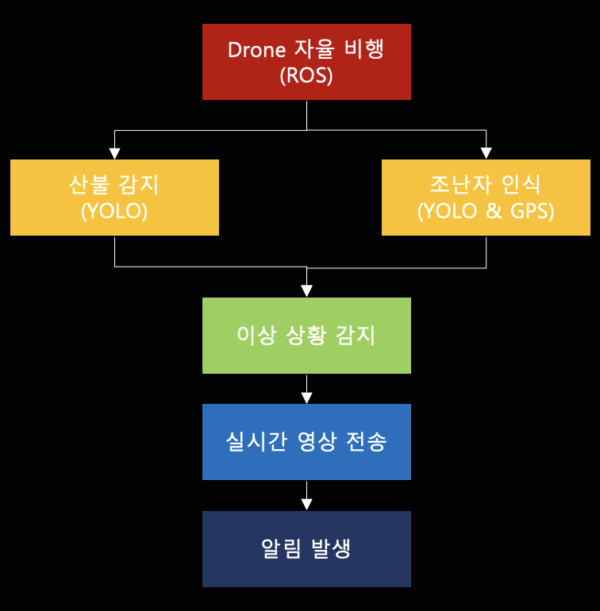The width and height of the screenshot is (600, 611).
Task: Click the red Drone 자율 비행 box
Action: (x=306, y=62)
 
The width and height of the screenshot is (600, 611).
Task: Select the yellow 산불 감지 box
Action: (x=114, y=198)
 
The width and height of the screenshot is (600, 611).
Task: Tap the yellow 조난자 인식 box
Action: (x=486, y=198)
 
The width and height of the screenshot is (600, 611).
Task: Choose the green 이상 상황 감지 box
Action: (x=306, y=335)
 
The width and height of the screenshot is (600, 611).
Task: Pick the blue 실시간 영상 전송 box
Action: (x=306, y=442)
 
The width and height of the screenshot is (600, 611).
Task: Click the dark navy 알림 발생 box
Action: (x=306, y=549)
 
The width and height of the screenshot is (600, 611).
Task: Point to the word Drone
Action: (x=256, y=50)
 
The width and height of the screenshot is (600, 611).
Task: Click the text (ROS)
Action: (x=306, y=76)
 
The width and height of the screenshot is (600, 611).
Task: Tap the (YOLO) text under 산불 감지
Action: (x=114, y=212)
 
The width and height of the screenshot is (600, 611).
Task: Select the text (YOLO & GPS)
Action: (x=486, y=212)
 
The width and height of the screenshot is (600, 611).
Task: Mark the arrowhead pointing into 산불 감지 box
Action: (x=114, y=153)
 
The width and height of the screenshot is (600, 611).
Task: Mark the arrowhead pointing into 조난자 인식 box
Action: (x=486, y=153)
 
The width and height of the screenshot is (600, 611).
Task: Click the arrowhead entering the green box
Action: (x=306, y=291)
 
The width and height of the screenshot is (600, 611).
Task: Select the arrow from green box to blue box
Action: (x=306, y=389)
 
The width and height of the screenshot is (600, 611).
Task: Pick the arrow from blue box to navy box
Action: (x=306, y=496)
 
